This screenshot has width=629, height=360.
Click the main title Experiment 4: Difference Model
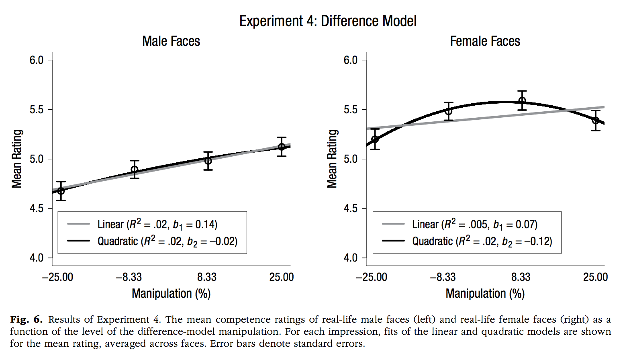point(328,21)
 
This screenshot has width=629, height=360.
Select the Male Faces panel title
point(171,41)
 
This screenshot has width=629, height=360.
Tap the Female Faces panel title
point(485,41)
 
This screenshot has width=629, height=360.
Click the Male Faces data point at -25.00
point(61,191)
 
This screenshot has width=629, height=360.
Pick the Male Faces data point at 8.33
point(208,161)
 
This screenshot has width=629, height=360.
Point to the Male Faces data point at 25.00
point(282,147)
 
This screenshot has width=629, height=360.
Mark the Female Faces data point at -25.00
point(375,139)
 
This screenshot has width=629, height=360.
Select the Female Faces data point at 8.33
point(522,101)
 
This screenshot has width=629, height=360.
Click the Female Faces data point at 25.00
point(596,121)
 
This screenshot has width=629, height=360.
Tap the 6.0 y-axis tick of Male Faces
point(37,60)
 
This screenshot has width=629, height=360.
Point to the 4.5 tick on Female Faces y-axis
point(351,209)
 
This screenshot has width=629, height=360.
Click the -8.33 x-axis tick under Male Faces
point(129,277)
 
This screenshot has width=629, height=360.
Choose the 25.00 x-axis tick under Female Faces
point(596,277)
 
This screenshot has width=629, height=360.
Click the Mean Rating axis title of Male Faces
point(16,159)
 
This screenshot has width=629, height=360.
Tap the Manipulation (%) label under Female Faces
point(485,294)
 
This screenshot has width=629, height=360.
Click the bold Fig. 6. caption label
point(26,319)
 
